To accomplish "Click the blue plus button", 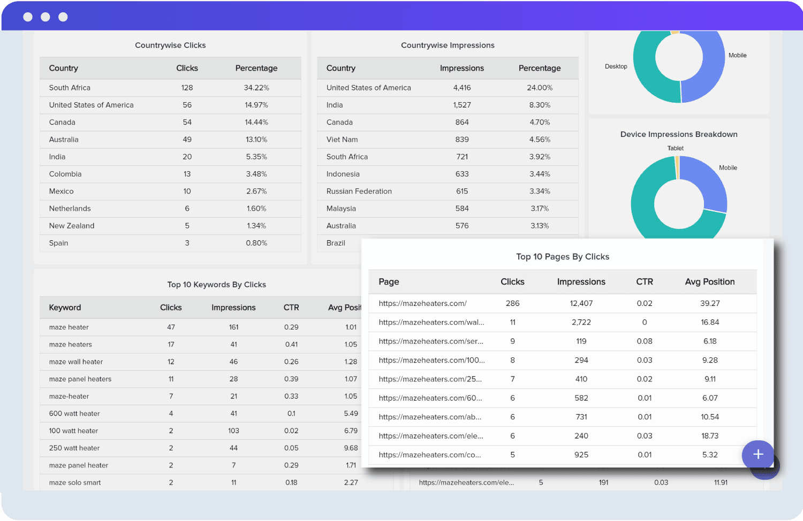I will point(757,454).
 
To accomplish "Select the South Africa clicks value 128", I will point(187,88).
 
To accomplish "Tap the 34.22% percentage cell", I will point(256,88).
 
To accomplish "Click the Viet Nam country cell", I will point(342,140).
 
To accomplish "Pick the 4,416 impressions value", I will point(461,88).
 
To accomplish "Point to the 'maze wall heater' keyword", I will point(76,362).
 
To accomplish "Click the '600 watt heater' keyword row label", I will point(74,413).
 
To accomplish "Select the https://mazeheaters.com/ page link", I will point(422,303).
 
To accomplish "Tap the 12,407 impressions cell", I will point(581,303).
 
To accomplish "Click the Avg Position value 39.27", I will point(710,303).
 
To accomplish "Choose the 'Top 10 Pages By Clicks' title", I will point(562,257).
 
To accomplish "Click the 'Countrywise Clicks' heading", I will point(170,45).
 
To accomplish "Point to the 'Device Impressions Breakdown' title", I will point(679,134).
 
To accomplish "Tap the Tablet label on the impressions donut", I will point(675,148).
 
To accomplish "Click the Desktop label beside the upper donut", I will point(616,66).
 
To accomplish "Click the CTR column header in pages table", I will point(644,282).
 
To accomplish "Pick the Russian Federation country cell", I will point(359,191).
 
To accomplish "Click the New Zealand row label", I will point(72,226).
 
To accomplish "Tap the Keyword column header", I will point(65,308).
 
